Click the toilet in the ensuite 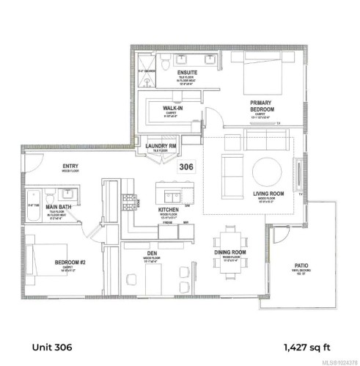click(x=167, y=59)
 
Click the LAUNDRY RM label click(x=162, y=146)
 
